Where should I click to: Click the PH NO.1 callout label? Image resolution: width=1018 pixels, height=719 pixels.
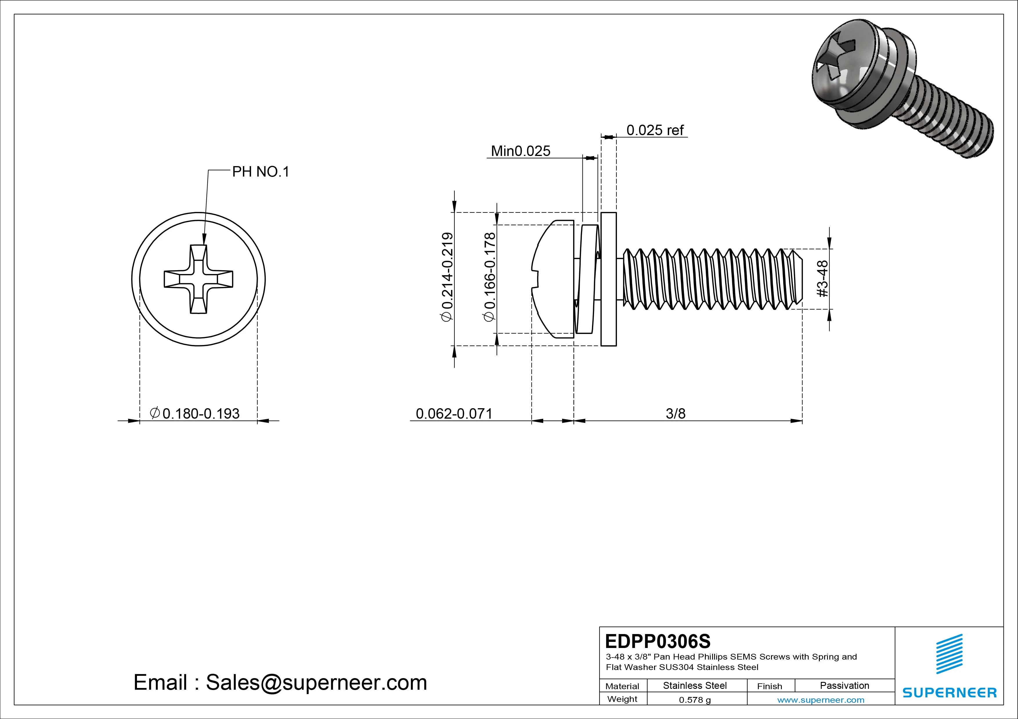click(x=260, y=172)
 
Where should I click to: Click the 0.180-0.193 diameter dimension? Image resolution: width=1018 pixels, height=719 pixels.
click(x=196, y=413)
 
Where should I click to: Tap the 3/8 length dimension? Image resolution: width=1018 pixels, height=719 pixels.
click(x=675, y=413)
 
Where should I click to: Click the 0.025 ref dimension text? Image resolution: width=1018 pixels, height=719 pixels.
click(x=655, y=130)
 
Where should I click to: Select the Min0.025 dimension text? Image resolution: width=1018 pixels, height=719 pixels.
click(x=521, y=151)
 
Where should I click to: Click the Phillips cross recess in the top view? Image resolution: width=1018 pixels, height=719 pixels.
click(x=198, y=279)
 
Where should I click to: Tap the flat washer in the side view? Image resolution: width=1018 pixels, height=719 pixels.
click(x=608, y=279)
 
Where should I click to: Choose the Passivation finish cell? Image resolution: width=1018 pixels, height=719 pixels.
click(x=844, y=685)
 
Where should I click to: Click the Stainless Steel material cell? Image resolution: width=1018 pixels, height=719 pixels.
click(x=695, y=685)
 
